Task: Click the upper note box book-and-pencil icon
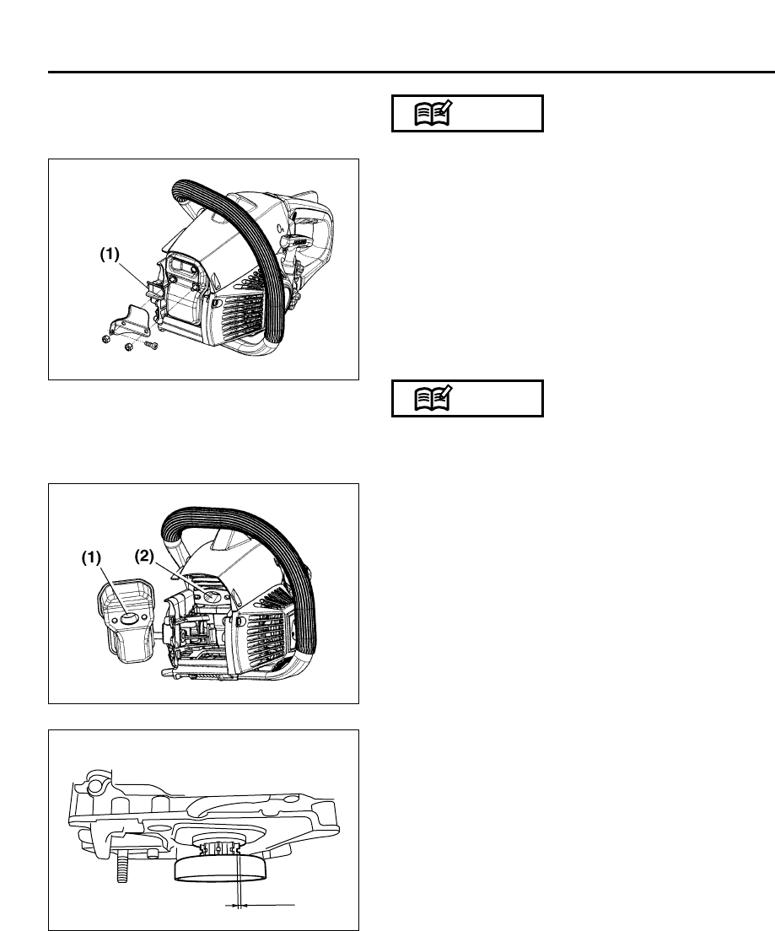point(434,114)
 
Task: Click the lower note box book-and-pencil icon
point(434,399)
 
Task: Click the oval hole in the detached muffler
point(130,617)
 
